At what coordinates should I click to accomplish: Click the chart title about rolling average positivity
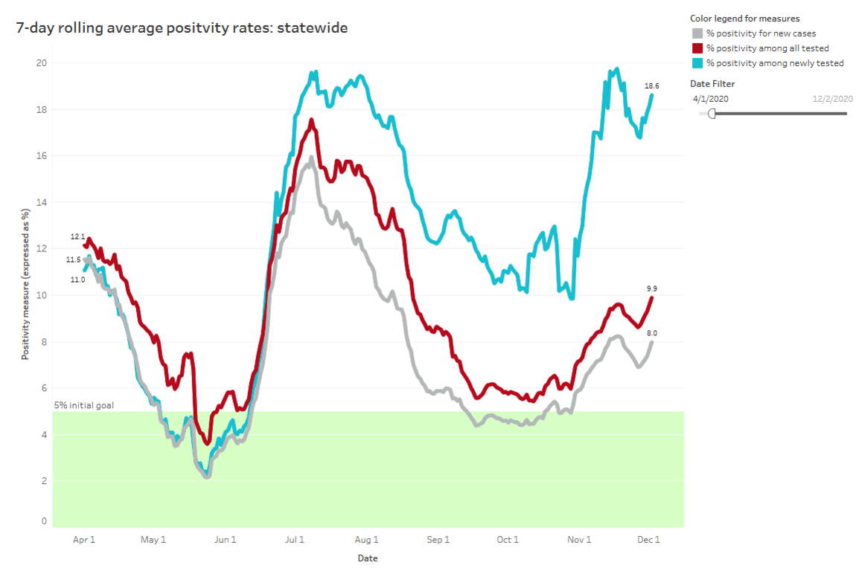coord(182,28)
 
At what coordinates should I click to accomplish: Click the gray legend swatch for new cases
coord(697,33)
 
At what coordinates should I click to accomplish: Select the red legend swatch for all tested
coord(697,48)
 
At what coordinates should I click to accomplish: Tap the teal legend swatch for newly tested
coord(697,63)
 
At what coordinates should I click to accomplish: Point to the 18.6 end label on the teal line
coord(651,86)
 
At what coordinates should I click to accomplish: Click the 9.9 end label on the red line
coord(651,288)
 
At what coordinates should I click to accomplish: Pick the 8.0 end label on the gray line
coord(651,333)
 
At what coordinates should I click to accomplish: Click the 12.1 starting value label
coord(77,236)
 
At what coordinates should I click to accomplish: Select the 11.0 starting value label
coord(77,280)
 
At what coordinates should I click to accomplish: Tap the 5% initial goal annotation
coord(83,405)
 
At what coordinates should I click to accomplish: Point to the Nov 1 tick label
coord(578,541)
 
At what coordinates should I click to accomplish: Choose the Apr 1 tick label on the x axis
coord(84,541)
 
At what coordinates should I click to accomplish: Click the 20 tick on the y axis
coord(42,62)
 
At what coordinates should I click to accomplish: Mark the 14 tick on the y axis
coord(42,202)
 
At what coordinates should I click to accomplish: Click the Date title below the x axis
coord(367,558)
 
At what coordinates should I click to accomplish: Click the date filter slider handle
coord(712,113)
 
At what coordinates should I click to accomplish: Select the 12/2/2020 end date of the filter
coord(832,98)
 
